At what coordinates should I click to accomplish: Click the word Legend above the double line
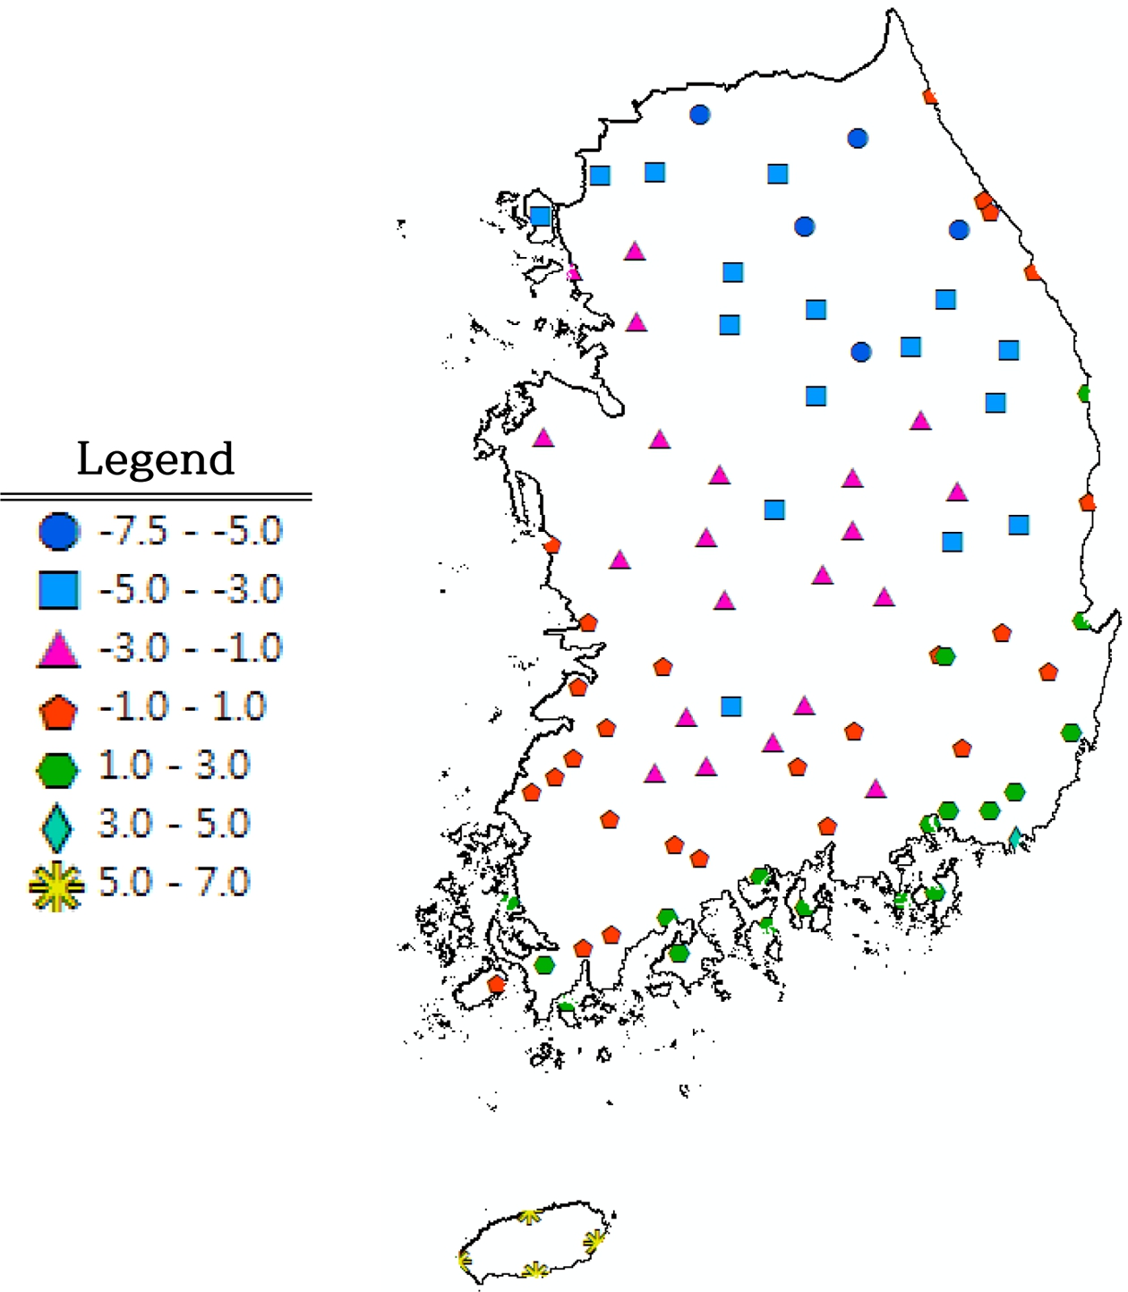(155, 459)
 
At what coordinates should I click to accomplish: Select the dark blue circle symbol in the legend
(59, 531)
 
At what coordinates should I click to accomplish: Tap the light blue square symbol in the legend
(59, 590)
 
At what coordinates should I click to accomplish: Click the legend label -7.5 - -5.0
(190, 531)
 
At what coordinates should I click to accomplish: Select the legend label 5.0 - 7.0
(174, 883)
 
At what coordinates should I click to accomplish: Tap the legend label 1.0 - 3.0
(174, 766)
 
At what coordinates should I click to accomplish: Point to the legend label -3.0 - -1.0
(190, 648)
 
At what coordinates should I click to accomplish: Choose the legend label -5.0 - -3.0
(190, 589)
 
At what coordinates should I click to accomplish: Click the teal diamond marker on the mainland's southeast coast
(1015, 838)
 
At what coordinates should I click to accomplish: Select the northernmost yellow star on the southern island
(530, 1215)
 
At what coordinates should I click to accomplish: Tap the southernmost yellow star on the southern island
(534, 1270)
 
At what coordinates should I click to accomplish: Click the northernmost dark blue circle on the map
(700, 115)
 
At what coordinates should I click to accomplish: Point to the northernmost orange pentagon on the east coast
(929, 96)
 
